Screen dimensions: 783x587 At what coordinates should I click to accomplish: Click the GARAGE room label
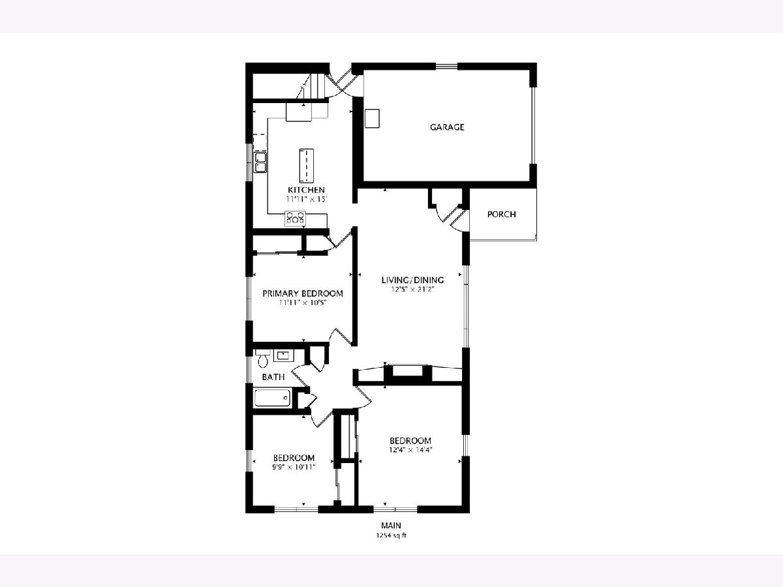click(447, 127)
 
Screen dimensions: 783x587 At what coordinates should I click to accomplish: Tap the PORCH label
click(502, 214)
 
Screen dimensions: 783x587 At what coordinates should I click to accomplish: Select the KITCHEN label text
click(307, 190)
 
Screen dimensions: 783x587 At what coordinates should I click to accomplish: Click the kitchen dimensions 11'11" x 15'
click(307, 199)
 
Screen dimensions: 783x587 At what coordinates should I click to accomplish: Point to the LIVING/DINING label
click(413, 280)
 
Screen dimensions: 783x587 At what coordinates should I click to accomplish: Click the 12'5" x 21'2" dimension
click(412, 290)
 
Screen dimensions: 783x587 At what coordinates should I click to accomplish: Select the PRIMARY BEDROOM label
click(303, 293)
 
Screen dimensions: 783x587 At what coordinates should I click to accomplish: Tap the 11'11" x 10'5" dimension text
click(303, 303)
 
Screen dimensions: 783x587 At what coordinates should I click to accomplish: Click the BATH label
click(273, 377)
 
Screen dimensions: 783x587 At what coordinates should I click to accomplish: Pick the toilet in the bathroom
click(262, 359)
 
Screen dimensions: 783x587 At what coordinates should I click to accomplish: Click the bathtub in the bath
click(273, 398)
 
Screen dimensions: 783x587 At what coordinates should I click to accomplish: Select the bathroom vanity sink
click(284, 355)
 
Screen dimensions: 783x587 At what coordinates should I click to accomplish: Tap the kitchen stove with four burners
click(295, 218)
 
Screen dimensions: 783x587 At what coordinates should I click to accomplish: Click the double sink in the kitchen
click(260, 162)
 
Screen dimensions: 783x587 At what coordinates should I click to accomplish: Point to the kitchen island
click(307, 166)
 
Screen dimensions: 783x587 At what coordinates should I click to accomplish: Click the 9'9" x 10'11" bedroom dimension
click(294, 467)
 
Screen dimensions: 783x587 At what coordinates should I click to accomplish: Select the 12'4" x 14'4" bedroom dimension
click(410, 450)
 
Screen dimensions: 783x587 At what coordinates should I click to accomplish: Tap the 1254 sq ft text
click(391, 535)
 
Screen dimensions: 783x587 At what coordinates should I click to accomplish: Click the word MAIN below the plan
click(391, 525)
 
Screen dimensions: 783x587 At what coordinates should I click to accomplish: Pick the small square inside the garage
click(372, 118)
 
